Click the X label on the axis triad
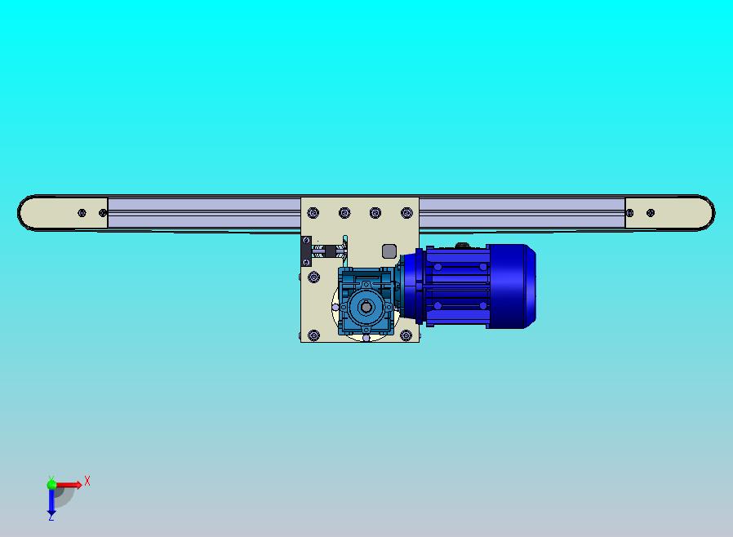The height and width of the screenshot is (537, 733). click(87, 481)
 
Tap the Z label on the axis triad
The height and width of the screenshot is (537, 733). click(51, 517)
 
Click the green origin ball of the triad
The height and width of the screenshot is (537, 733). click(51, 485)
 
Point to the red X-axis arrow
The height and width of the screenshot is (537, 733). click(69, 485)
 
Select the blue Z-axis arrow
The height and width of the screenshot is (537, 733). click(51, 501)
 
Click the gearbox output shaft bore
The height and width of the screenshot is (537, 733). click(366, 307)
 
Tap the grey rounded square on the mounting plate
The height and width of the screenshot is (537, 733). click(389, 251)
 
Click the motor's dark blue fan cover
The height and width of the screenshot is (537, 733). click(512, 286)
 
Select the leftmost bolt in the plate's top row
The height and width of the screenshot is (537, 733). click(313, 213)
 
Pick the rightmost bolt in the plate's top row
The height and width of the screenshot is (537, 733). click(406, 213)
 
